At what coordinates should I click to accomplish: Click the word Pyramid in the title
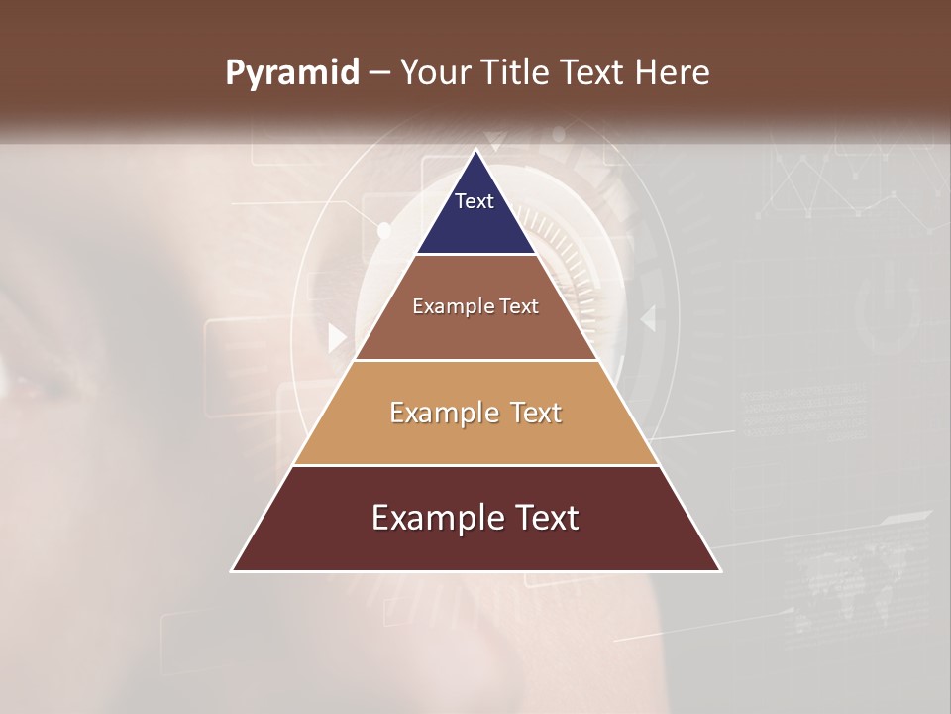(x=291, y=73)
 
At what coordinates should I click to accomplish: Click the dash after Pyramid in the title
(x=378, y=73)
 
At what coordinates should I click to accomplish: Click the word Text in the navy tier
(x=475, y=201)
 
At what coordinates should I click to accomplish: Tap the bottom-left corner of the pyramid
(x=232, y=571)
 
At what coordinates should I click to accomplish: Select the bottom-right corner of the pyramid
(x=720, y=571)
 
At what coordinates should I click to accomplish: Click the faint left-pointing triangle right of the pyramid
(x=649, y=318)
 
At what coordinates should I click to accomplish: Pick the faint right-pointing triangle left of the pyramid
(x=337, y=338)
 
